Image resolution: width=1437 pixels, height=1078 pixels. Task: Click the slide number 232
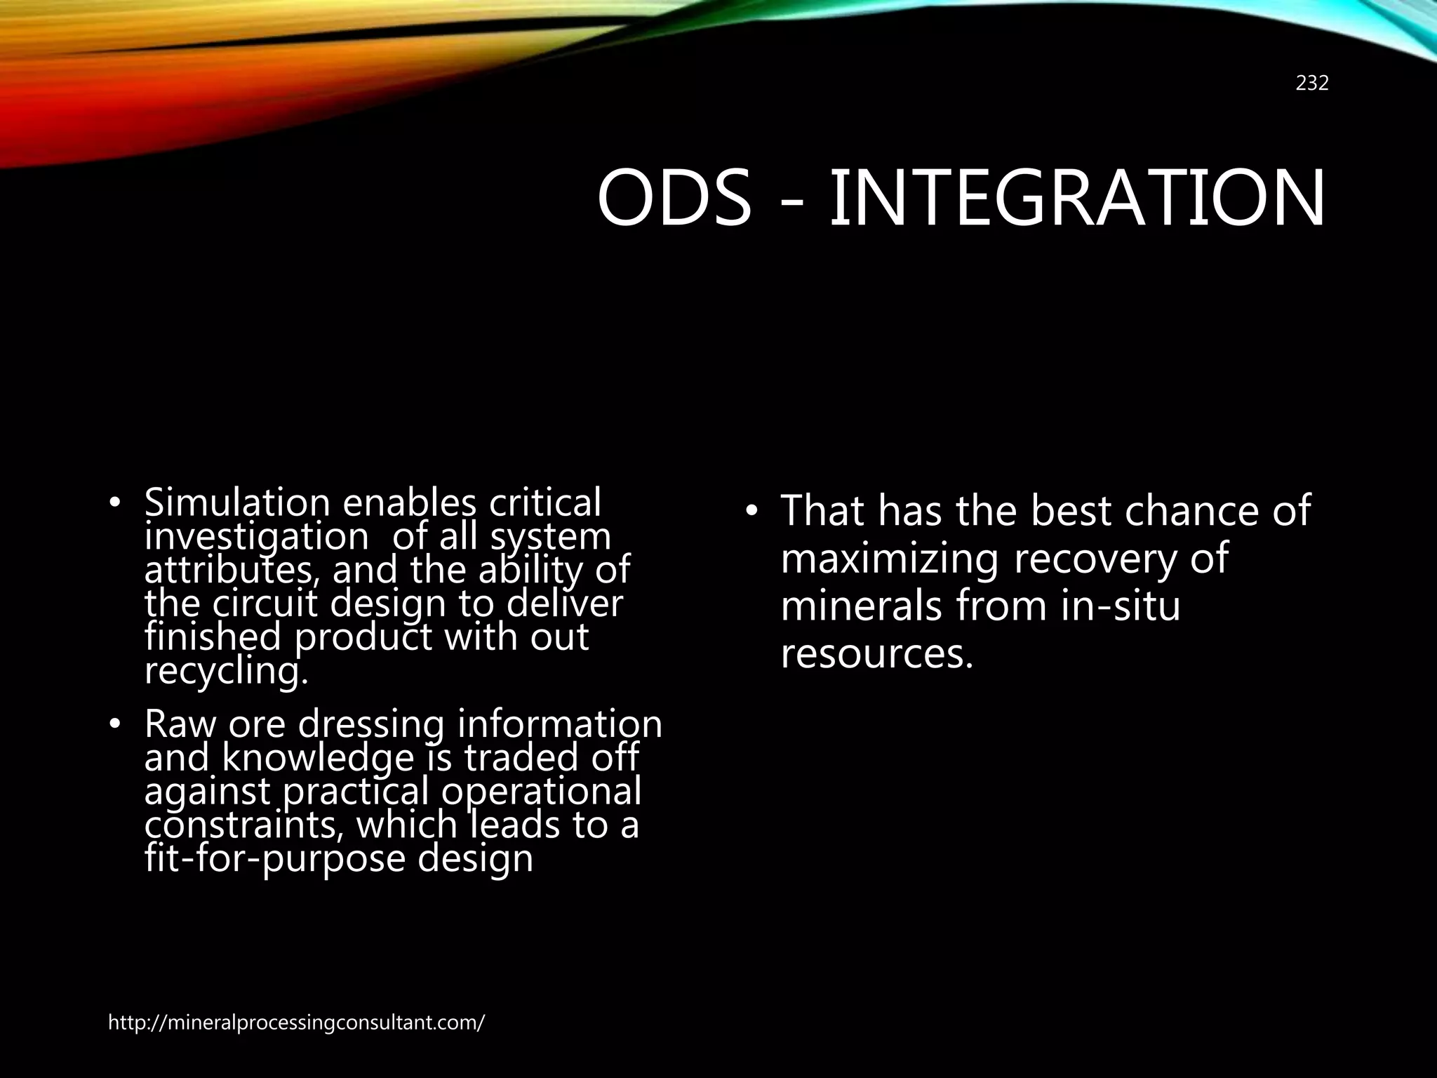[x=1311, y=84]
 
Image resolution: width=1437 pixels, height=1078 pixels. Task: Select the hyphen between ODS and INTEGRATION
[x=791, y=204]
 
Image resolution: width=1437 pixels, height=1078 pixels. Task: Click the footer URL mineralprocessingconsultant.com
[x=296, y=1023]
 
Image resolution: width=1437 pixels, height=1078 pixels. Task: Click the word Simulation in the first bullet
[x=236, y=503]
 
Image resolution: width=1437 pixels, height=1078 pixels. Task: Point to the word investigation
[x=256, y=538]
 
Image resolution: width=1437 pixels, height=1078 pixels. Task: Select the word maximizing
[x=889, y=559]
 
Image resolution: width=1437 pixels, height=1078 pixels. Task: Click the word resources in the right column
[x=877, y=654]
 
